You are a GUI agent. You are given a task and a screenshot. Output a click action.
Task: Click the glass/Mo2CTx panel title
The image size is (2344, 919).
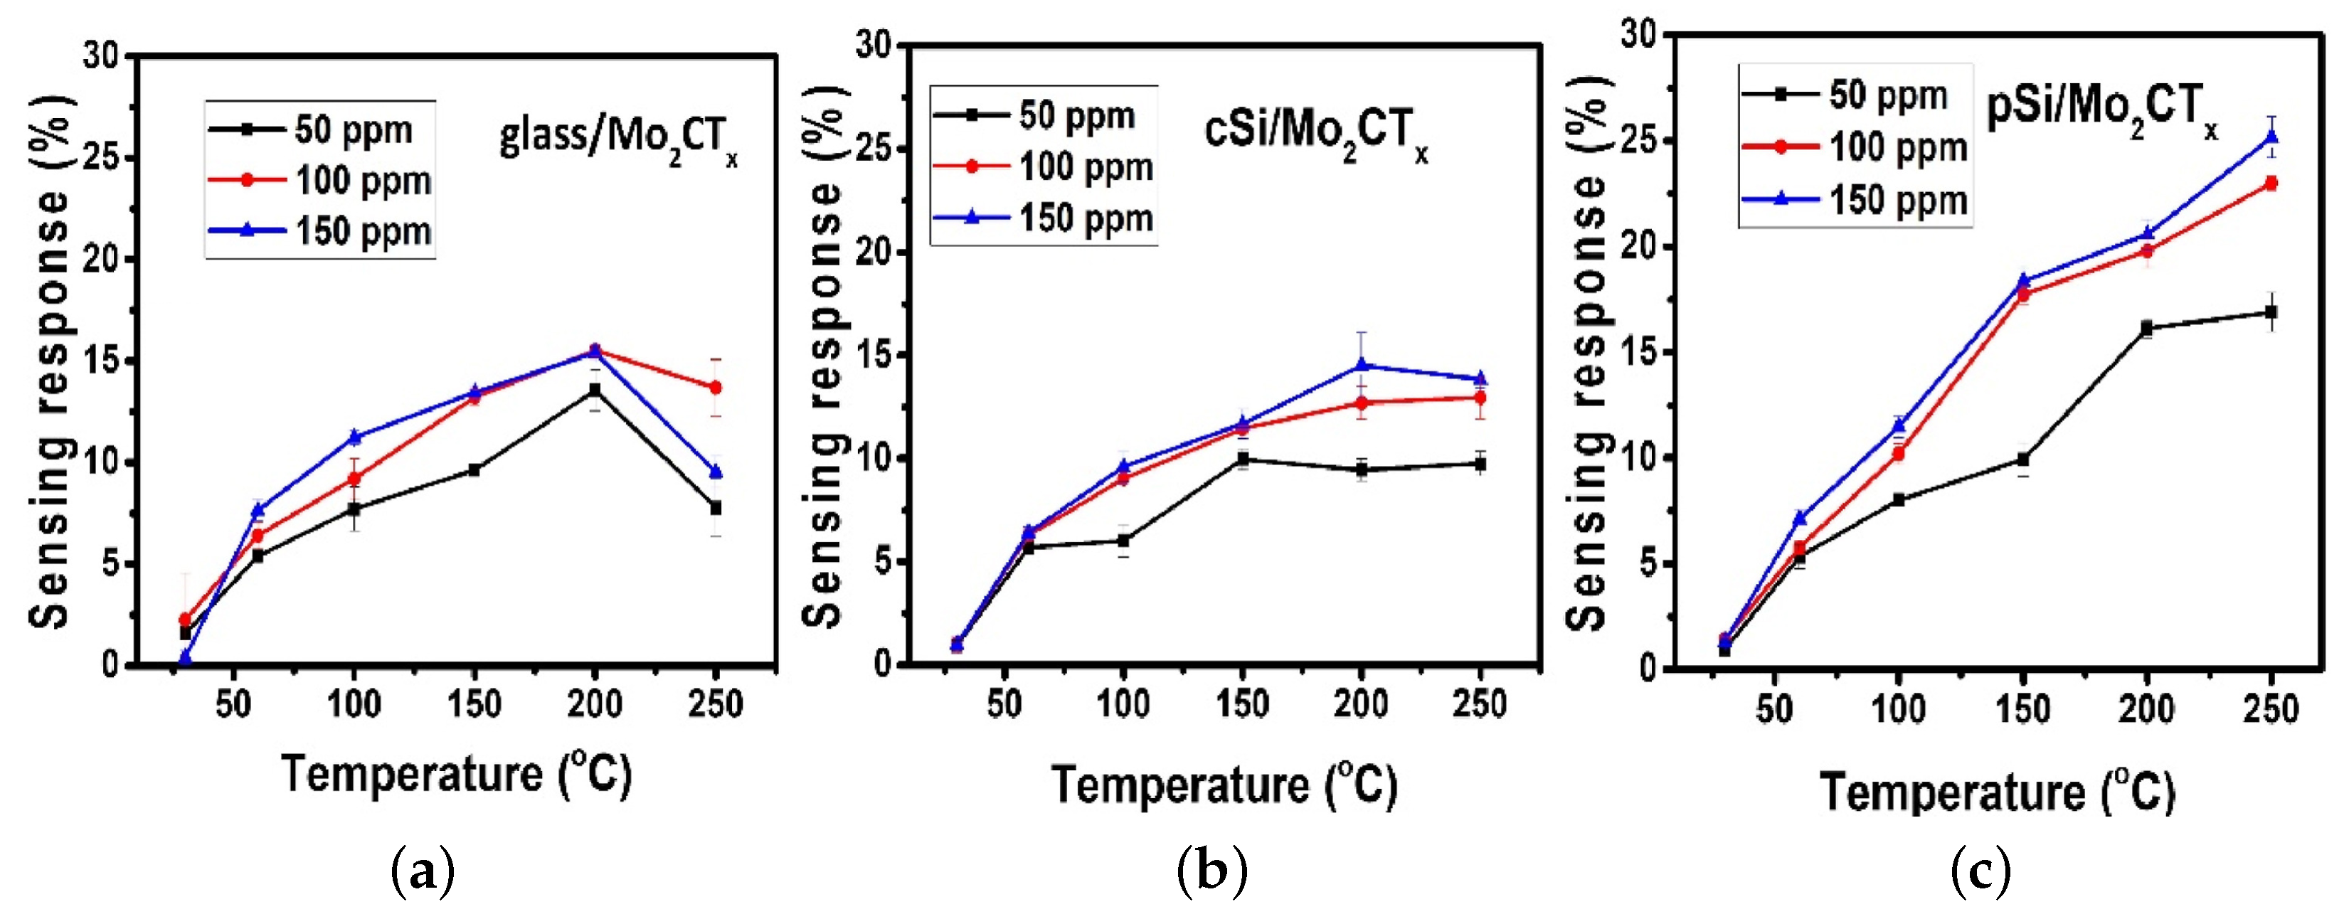(618, 141)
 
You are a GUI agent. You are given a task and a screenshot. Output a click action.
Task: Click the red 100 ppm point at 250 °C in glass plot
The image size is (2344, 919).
(715, 388)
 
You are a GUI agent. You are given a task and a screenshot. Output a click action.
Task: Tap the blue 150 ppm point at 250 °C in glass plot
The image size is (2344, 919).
(715, 472)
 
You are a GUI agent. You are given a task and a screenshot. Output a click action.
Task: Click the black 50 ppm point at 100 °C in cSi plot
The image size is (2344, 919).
(1123, 541)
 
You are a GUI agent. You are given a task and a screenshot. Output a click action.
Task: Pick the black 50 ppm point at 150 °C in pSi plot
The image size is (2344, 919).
(2022, 459)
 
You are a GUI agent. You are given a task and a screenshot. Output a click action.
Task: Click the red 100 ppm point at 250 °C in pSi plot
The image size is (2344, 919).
(2271, 184)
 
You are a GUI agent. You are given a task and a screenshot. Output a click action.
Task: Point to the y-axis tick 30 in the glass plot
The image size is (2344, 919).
(101, 56)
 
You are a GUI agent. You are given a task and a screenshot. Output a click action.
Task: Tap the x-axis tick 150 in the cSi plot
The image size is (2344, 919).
(1242, 703)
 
